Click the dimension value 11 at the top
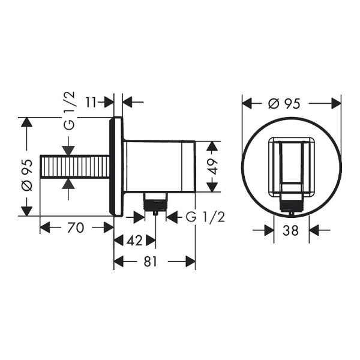click(91, 103)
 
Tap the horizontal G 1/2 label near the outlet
click(205, 217)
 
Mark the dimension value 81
click(154, 262)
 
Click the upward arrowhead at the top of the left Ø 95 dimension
click(26, 122)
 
